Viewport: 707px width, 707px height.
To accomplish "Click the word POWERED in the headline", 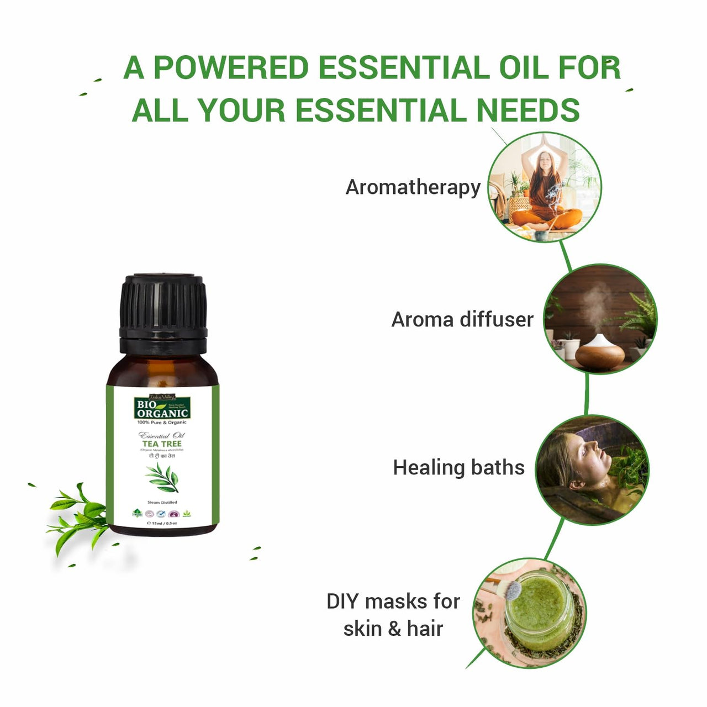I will [230, 68].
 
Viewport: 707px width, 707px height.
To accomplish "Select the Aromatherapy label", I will [413, 187].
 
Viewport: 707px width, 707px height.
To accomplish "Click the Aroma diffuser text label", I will [462, 319].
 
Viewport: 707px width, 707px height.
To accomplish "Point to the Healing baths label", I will [458, 467].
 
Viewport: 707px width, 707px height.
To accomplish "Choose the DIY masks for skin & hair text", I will [393, 615].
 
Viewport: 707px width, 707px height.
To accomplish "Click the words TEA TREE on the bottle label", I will [162, 444].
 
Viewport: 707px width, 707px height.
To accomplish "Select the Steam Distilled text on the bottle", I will [162, 503].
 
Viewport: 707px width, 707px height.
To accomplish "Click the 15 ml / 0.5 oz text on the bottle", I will [162, 523].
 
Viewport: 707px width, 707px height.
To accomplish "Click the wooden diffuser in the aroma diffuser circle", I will [599, 353].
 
